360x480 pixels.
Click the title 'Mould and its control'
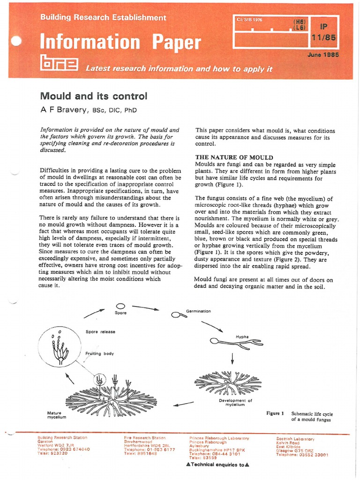94,96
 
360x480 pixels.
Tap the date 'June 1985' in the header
323,55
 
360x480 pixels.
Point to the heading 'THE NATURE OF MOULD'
234,157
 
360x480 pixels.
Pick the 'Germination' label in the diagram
198,311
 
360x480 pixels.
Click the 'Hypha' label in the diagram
242,337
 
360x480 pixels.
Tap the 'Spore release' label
100,331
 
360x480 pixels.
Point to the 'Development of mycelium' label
235,402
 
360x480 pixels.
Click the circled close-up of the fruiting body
60,346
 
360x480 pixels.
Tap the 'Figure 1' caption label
275,413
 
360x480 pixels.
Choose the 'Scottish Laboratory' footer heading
295,438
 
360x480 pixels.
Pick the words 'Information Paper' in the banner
120,42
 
